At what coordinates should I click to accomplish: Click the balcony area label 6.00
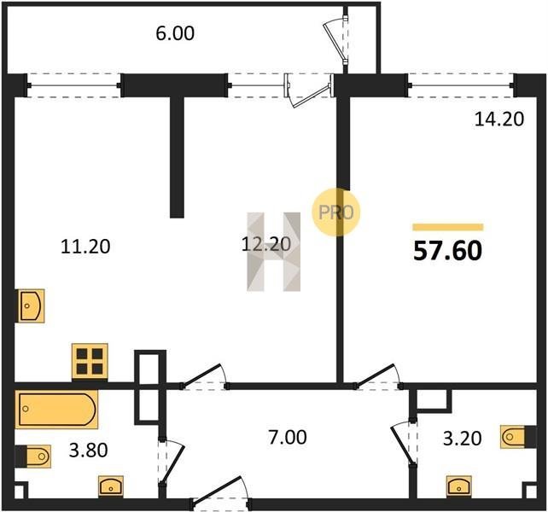click(x=175, y=33)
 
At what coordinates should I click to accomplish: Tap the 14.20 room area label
click(x=499, y=119)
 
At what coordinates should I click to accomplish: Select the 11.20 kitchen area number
click(x=85, y=246)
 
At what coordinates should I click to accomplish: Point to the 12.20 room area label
click(x=266, y=244)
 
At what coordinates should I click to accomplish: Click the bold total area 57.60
click(x=447, y=251)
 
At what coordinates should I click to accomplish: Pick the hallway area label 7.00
click(x=288, y=438)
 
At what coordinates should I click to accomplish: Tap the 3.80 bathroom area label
click(x=89, y=451)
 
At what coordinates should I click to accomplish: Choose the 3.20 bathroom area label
click(x=463, y=439)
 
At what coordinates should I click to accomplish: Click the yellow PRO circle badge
click(x=335, y=212)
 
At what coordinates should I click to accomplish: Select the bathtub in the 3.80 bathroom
click(x=56, y=409)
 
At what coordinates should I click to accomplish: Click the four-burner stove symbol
click(x=90, y=362)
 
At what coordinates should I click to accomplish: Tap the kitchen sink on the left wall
click(x=31, y=305)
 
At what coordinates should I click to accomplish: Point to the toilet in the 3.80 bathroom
click(x=33, y=456)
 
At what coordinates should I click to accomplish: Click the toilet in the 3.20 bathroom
click(x=519, y=437)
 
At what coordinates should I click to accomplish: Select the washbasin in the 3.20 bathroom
click(x=459, y=486)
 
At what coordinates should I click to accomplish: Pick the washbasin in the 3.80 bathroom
click(x=111, y=486)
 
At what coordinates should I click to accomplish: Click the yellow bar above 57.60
click(x=447, y=227)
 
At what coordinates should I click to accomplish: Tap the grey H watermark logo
click(x=274, y=252)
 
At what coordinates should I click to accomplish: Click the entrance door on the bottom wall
click(x=220, y=496)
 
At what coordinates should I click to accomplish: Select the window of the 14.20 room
click(x=461, y=85)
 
